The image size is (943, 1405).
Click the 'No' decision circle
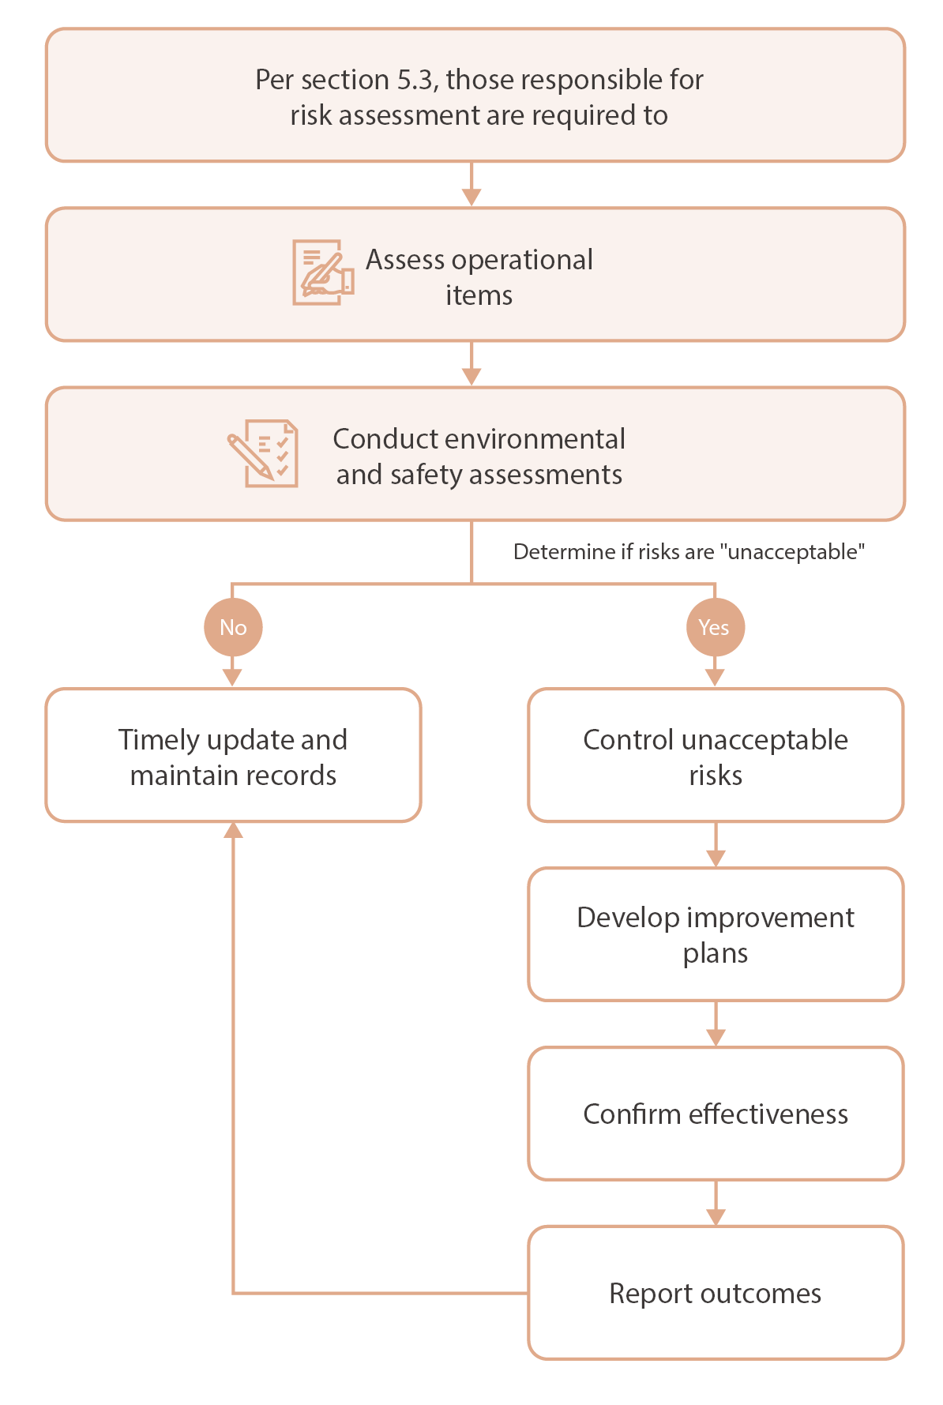[x=233, y=627]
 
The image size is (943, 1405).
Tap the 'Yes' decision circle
[x=715, y=627]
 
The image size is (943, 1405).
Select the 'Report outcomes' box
[x=715, y=1293]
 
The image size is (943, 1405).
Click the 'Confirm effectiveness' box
[x=715, y=1114]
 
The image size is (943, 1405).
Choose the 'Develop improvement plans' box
[x=715, y=935]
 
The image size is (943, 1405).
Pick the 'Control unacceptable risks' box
[x=715, y=757]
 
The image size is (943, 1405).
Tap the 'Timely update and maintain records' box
[x=233, y=757]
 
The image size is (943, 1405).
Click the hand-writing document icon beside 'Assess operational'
[x=322, y=273]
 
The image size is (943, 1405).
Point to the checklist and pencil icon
[x=264, y=453]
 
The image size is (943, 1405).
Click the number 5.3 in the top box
[x=417, y=80]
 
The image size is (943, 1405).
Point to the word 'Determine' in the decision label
[x=550, y=551]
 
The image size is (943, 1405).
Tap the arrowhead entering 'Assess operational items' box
[x=471, y=197]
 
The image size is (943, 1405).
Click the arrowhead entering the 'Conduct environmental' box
[x=471, y=377]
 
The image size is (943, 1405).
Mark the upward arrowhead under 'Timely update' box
[x=233, y=830]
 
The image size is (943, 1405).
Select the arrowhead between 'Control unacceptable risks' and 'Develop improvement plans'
[x=715, y=858]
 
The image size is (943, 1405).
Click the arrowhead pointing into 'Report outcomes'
[x=715, y=1216]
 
